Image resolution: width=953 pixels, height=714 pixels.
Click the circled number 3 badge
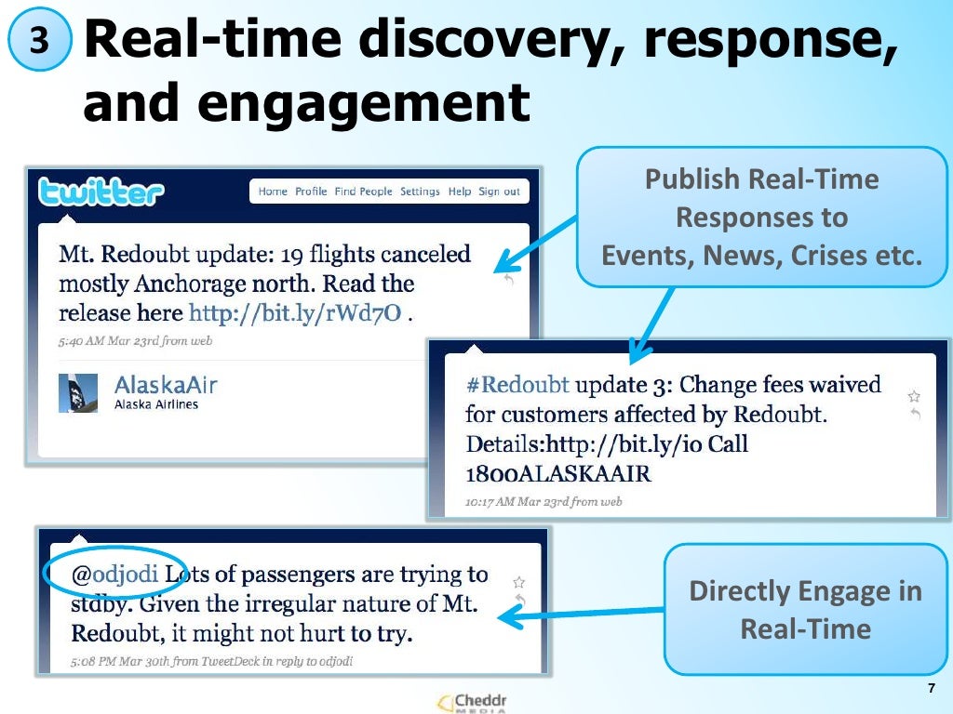point(38,41)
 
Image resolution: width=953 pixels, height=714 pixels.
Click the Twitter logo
point(101,193)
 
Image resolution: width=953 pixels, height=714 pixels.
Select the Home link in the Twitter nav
point(273,192)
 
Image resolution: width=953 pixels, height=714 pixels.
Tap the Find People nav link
point(363,192)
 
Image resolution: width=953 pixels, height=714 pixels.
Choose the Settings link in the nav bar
point(420,192)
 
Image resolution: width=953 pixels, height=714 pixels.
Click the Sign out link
point(499,192)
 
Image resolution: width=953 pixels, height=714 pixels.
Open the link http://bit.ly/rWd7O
point(295,313)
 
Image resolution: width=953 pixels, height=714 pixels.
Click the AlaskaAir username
point(165,385)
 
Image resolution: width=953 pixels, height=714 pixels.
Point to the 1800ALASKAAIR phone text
point(557,473)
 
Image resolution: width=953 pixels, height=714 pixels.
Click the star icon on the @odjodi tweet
point(518,582)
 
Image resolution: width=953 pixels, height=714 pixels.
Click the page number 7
point(931,688)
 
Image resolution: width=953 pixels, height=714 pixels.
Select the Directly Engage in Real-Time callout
point(805,610)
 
